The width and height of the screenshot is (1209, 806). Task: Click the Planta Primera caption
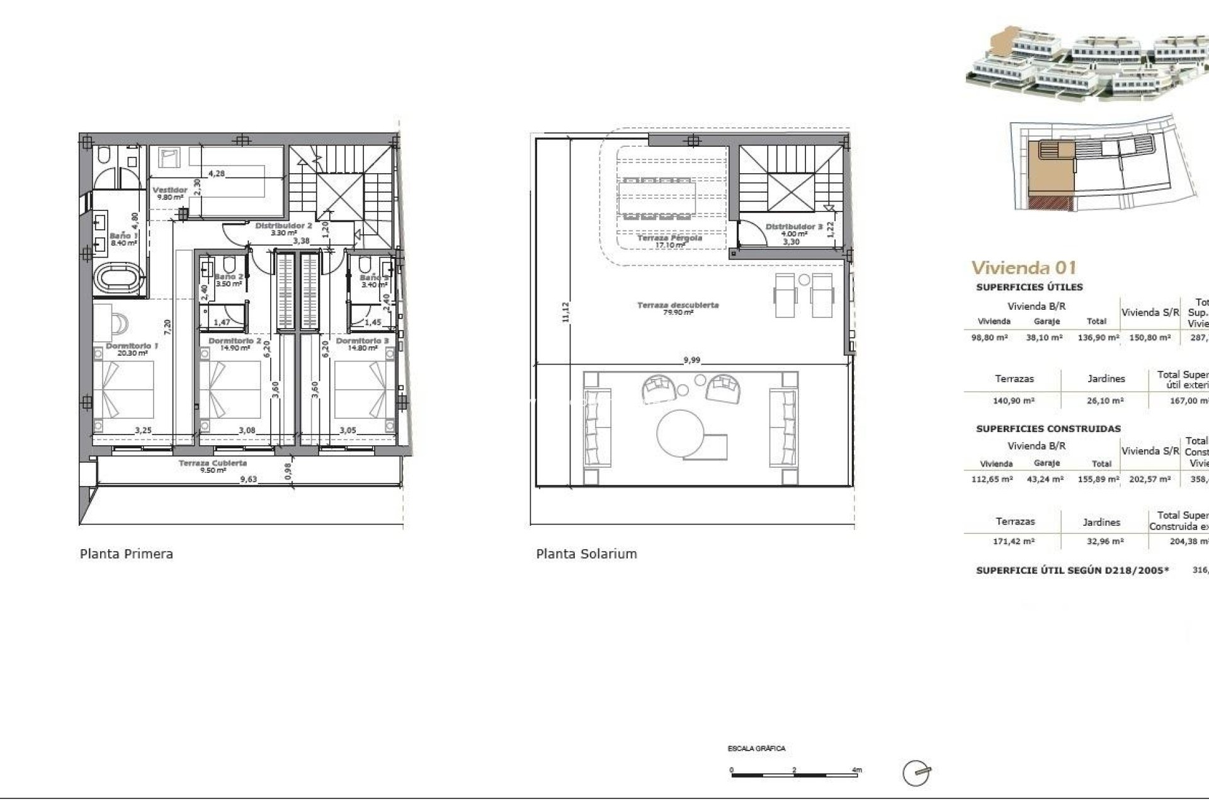coord(126,554)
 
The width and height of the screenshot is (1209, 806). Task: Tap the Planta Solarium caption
coord(586,554)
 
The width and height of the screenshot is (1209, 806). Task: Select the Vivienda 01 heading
coord(1023,268)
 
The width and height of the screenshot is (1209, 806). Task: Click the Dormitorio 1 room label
coord(132,346)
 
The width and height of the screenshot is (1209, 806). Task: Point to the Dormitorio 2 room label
coord(235,341)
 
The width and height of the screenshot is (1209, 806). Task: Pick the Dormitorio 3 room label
coord(362,341)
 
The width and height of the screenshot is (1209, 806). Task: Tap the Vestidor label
coord(169,190)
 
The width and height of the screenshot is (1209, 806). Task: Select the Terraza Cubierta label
coord(212,463)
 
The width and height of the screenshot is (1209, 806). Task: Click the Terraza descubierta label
coord(678,305)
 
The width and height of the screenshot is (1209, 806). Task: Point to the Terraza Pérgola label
coord(669,239)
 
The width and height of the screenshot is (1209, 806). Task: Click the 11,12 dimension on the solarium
coord(565,312)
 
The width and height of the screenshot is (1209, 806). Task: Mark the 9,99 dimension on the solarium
coord(691,361)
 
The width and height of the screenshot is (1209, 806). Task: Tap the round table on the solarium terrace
coord(681,434)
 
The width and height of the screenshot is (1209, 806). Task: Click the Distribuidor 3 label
coord(794,227)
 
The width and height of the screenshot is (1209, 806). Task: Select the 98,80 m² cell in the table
coord(990,338)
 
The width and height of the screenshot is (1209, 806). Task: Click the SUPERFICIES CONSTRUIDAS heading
coord(1048,429)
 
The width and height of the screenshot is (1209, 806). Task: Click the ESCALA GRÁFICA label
coord(756,749)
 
